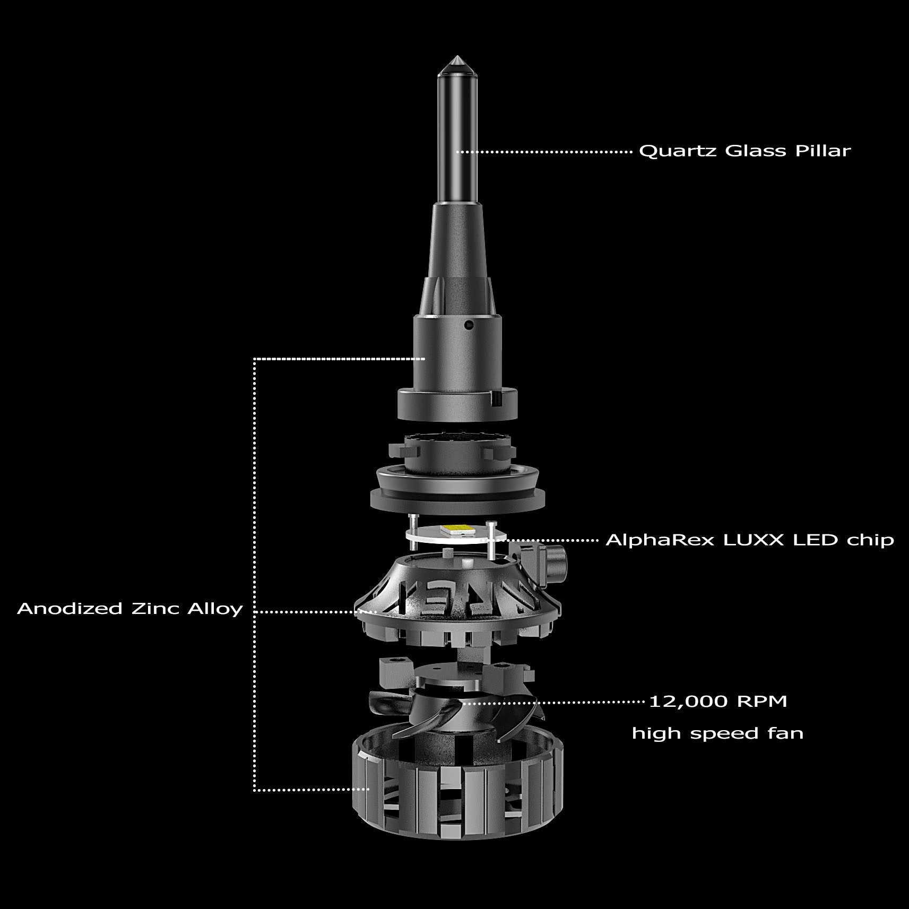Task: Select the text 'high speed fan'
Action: [x=717, y=734]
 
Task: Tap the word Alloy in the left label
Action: [x=215, y=609]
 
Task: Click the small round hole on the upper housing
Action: [x=468, y=324]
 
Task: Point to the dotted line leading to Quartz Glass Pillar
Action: [x=544, y=152]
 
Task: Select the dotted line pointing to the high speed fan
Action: [x=552, y=702]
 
